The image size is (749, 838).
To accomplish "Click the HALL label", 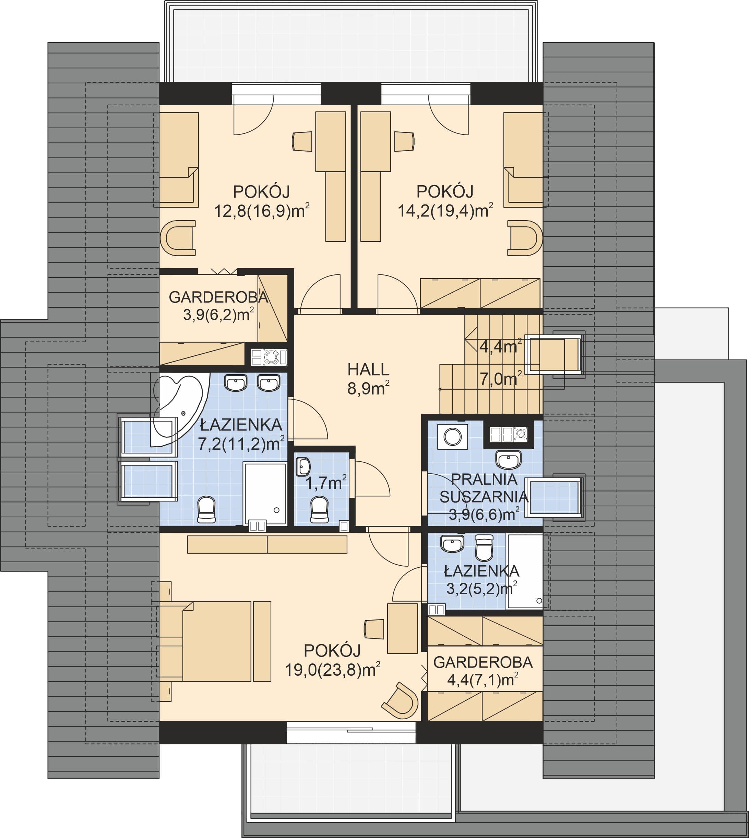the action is click(368, 370).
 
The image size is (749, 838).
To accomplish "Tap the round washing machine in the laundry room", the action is click(453, 437).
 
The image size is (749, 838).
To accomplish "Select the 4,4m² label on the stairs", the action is click(500, 346).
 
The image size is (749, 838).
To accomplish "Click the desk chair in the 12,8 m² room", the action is click(302, 142).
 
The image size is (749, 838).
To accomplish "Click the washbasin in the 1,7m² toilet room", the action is click(303, 467).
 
